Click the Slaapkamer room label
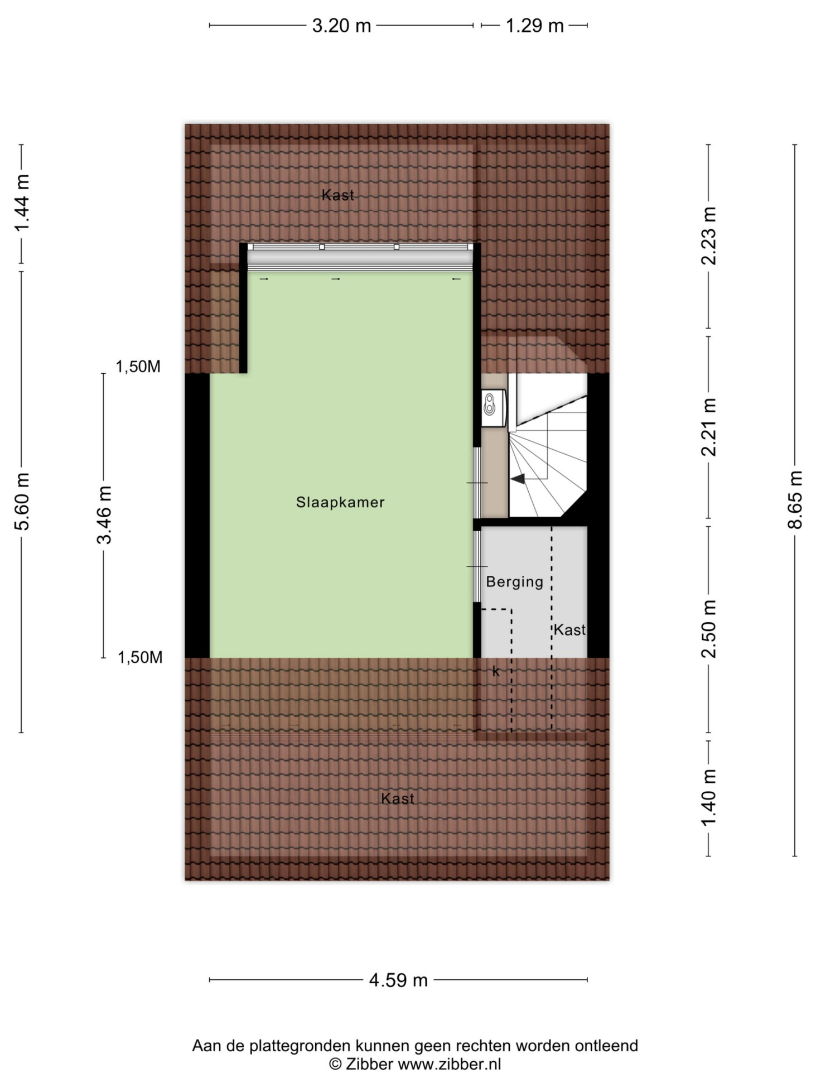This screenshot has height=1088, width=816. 340,502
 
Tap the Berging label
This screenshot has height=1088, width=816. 514,582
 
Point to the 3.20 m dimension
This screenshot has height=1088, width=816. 341,26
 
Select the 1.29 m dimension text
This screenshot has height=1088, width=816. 534,26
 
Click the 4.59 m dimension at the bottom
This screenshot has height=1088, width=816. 398,980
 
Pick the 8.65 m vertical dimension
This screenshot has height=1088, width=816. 795,500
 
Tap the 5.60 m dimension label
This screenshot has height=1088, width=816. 22,501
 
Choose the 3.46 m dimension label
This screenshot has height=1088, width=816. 104,514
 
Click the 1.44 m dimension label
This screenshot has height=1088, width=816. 22,203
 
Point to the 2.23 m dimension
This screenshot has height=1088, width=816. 708,236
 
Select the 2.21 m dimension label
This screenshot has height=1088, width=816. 708,427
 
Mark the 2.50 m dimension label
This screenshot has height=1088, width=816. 708,629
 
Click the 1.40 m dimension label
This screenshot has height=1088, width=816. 708,797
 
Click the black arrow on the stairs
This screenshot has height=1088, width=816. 518,479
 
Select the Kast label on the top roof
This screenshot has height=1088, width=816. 338,195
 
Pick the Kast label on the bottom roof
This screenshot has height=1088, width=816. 398,798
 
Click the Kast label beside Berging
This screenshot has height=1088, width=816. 569,630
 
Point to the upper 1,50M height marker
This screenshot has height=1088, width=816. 138,367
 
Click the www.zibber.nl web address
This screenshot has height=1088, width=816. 450,1064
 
